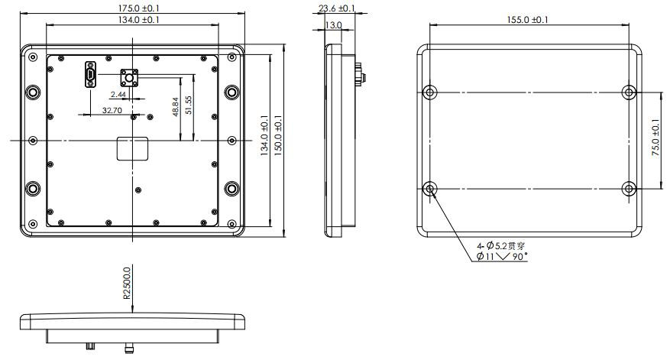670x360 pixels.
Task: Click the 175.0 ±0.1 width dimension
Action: point(132,8)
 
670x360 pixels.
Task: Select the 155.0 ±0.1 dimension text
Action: point(527,20)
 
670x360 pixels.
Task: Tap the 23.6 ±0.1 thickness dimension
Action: point(336,8)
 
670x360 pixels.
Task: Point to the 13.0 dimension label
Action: point(333,25)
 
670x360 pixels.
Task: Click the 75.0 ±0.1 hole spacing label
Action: point(656,138)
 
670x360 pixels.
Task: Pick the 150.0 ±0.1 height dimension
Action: point(278,135)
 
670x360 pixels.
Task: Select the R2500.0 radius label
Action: point(127,282)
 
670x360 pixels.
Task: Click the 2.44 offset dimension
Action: point(118,94)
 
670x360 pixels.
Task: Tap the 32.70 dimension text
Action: point(112,110)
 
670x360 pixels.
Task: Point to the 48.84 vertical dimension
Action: point(175,107)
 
